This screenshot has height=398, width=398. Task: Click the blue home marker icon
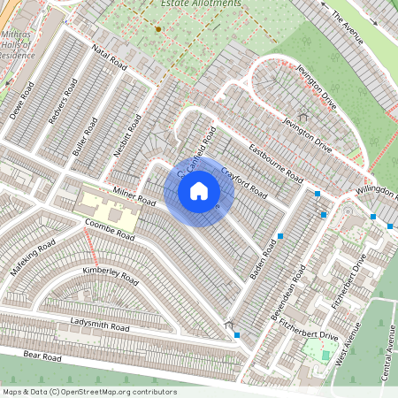point(199,190)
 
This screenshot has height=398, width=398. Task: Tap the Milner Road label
point(134,197)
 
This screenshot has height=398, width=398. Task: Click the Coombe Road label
point(111,230)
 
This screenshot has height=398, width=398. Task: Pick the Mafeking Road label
point(34,255)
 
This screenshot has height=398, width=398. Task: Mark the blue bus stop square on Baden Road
point(280,235)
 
